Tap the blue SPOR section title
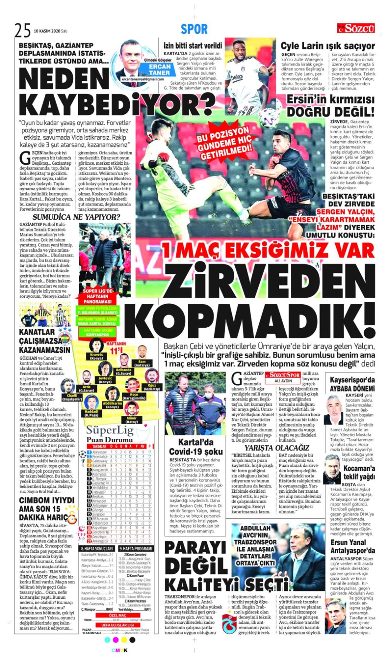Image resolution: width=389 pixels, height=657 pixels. point(194,29)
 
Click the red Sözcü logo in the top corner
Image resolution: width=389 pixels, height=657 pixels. point(356,29)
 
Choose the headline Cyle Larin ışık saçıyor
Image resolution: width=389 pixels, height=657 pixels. point(327,46)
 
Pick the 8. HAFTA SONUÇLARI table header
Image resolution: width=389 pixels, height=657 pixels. point(97,548)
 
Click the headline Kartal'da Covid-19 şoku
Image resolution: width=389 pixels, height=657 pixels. point(196,447)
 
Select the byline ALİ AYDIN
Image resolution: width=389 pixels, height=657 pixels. point(283,381)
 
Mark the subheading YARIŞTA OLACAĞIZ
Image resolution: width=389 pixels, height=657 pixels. point(277,448)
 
